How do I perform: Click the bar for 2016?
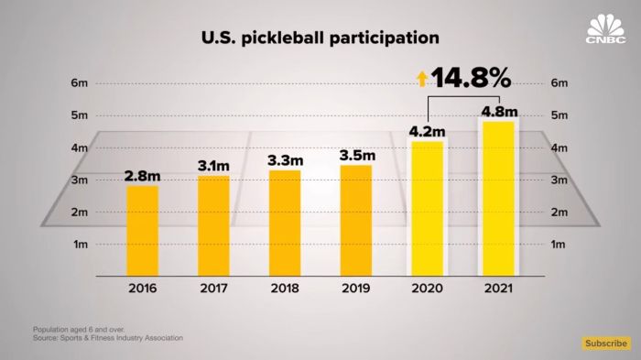(x=142, y=230)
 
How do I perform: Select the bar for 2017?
(x=213, y=224)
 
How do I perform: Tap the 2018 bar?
(x=284, y=222)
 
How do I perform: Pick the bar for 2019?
(x=355, y=220)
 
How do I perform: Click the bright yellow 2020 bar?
(x=427, y=208)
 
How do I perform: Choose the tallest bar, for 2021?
(x=498, y=198)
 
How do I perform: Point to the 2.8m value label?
(x=142, y=174)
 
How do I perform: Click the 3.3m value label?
(x=284, y=159)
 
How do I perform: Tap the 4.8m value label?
(x=498, y=112)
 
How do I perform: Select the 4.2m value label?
(x=427, y=130)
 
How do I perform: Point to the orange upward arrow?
(x=423, y=80)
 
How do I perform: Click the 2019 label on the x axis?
(x=355, y=288)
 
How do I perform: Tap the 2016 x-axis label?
(x=142, y=288)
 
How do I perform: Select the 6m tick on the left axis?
(x=79, y=83)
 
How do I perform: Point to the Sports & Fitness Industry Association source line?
(x=108, y=338)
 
